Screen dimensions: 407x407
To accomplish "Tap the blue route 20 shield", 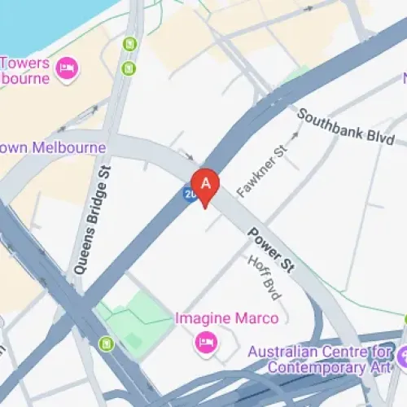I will click(x=190, y=195).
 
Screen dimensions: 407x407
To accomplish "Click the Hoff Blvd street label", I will click(x=261, y=277).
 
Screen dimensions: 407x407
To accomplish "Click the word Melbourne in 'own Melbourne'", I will click(x=69, y=148).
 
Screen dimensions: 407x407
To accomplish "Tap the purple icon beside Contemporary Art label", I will click(x=403, y=356).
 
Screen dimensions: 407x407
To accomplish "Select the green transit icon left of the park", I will click(x=106, y=344).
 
